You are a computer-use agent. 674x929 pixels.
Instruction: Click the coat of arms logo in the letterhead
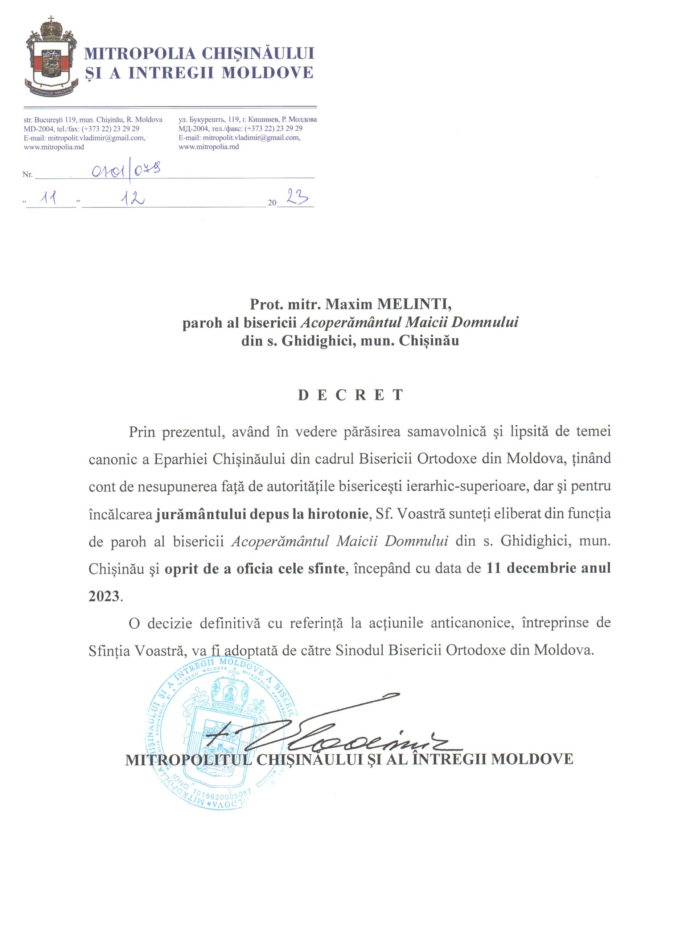(51, 57)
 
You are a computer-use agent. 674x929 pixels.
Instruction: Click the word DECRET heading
(351, 395)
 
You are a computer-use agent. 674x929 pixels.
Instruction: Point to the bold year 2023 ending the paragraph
(104, 596)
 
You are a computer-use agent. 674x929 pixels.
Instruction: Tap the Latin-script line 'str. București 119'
(93, 120)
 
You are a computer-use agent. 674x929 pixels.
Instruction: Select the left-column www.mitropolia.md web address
(54, 147)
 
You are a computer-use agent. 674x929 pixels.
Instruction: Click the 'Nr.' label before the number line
(28, 175)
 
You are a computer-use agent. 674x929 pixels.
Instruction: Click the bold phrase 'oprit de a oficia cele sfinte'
(254, 569)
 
